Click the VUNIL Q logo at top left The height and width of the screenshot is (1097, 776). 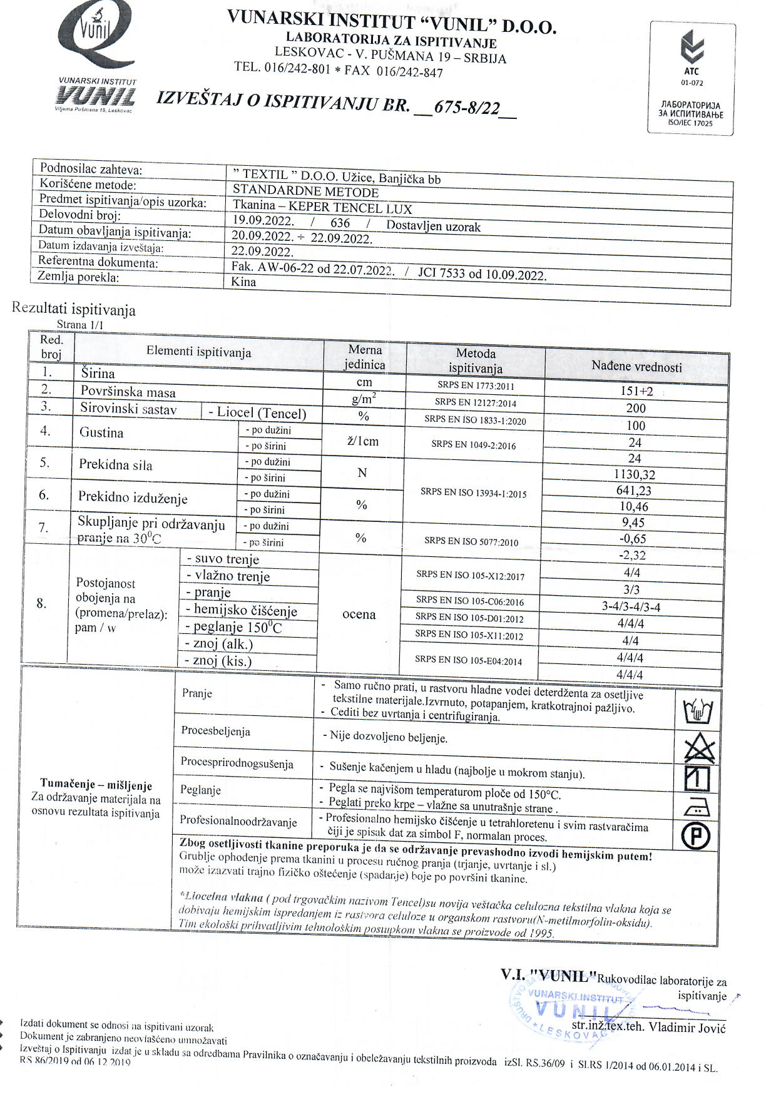[98, 60]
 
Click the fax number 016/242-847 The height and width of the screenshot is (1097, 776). [409, 72]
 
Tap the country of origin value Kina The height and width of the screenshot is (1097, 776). [243, 282]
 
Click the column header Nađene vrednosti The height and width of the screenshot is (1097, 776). [636, 367]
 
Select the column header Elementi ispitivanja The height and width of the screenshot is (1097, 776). [198, 352]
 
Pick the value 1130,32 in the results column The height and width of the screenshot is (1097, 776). [635, 475]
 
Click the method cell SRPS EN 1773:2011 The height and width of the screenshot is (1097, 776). [475, 387]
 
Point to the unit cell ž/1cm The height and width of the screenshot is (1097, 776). [363, 441]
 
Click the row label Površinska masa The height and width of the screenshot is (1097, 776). [128, 392]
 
